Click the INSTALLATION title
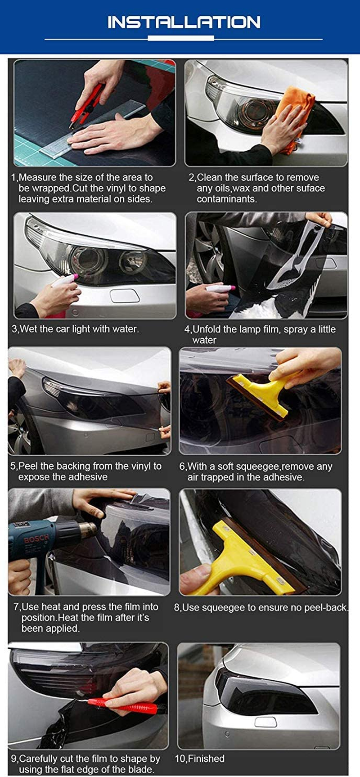tap(184, 22)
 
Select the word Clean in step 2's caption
tap(210, 177)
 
